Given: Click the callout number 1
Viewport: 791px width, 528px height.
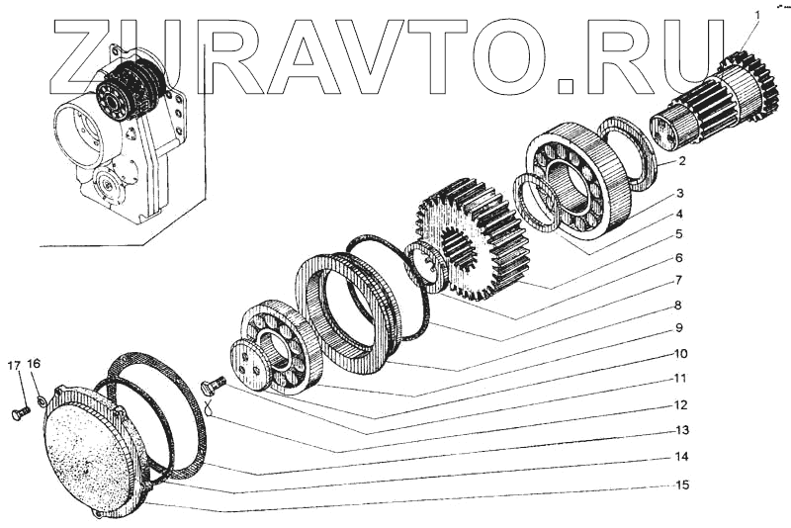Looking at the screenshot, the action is [756, 15].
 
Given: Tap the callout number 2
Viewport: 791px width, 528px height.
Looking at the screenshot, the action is [681, 161].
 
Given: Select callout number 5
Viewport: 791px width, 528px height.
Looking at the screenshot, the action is [679, 234].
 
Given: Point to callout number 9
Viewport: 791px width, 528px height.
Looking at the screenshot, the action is [679, 328].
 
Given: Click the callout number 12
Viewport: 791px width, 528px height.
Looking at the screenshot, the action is [680, 405].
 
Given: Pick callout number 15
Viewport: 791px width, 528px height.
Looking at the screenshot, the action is [681, 485].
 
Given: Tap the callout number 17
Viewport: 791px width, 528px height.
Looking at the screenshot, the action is [15, 365].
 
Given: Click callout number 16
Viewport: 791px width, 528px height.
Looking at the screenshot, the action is [34, 364].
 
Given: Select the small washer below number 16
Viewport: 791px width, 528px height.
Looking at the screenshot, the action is [42, 400].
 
